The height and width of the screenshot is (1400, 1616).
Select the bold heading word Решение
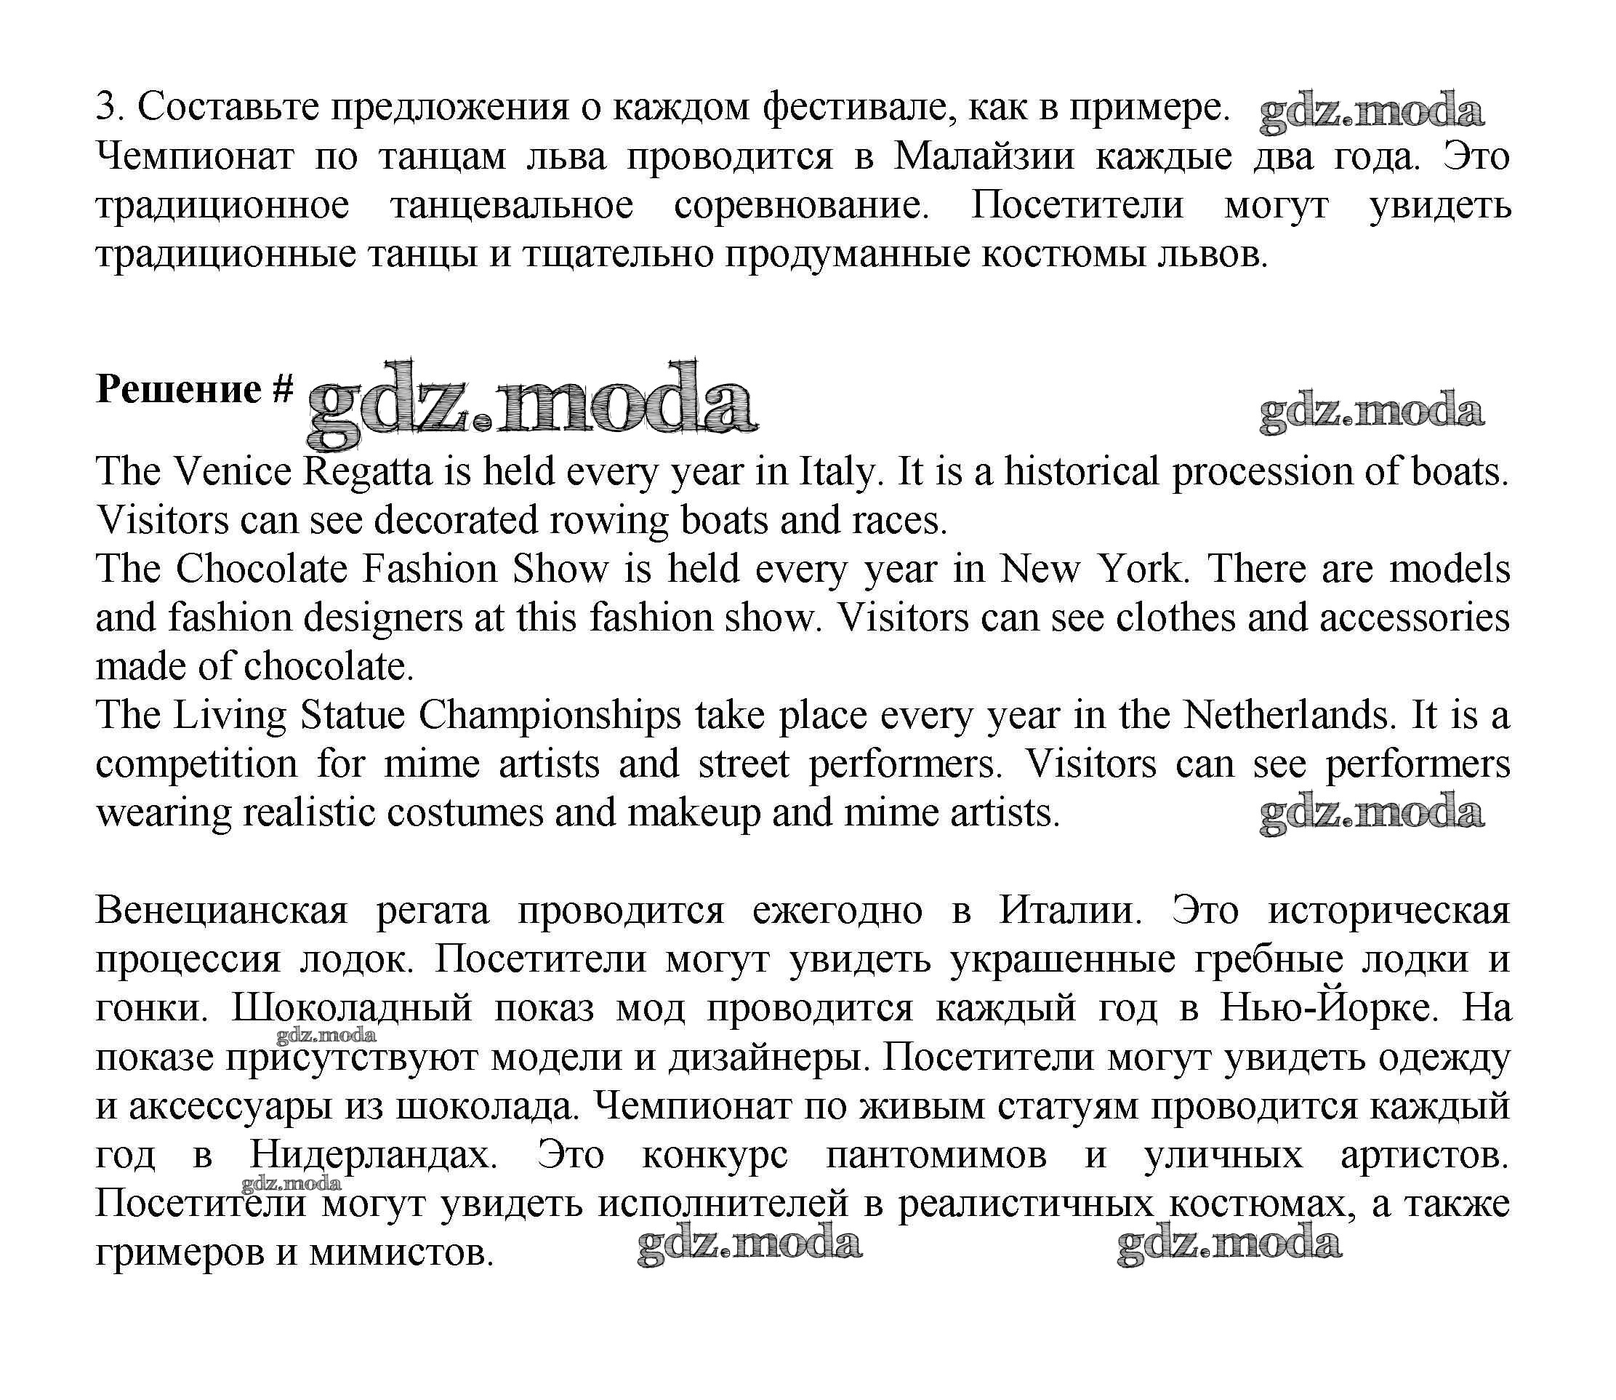coord(178,388)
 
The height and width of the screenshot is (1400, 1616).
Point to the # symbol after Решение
coord(283,388)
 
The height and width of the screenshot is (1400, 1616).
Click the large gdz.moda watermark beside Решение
coord(533,404)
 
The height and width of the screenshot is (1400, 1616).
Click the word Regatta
coord(367,472)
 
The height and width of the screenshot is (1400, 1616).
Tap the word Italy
coord(837,472)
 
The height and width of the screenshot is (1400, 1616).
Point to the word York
coord(1142,569)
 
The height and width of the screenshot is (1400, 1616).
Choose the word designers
coord(382,618)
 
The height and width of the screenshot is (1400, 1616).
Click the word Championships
coord(550,715)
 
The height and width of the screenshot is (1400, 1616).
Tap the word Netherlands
coord(1289,715)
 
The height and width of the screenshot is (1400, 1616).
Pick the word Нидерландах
coord(374,1155)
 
